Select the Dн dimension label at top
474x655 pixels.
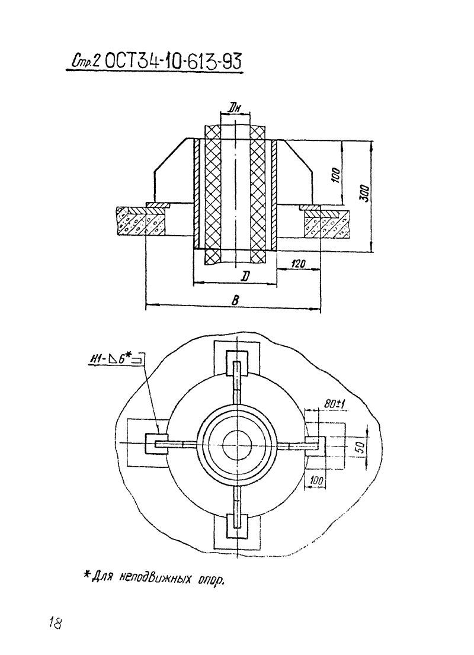[235, 108]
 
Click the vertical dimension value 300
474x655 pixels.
[364, 194]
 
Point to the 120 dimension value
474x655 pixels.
[299, 264]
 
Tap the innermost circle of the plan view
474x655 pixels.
[236, 445]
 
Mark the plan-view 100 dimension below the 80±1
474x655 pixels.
[316, 480]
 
